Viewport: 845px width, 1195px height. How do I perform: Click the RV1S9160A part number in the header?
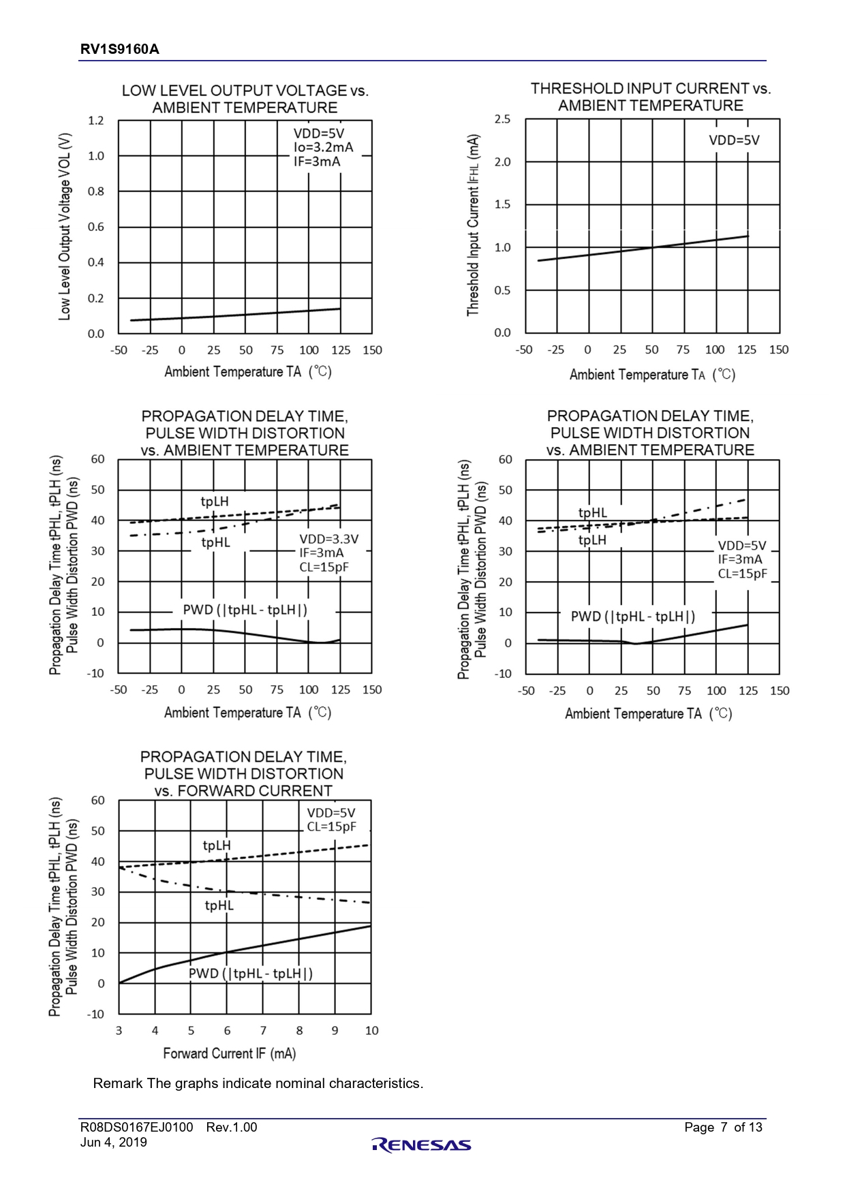click(120, 49)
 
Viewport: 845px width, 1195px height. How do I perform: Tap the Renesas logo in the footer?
click(422, 1145)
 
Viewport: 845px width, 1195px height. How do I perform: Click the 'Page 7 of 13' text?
click(723, 1128)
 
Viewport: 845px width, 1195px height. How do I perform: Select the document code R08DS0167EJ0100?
click(136, 1128)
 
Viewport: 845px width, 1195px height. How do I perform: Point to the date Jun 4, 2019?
click(113, 1143)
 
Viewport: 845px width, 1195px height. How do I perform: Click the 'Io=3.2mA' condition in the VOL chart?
click(323, 147)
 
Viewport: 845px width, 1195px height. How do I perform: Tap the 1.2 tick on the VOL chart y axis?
click(96, 121)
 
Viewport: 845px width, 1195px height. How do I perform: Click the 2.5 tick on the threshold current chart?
click(502, 119)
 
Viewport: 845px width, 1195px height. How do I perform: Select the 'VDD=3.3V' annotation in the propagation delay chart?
click(329, 539)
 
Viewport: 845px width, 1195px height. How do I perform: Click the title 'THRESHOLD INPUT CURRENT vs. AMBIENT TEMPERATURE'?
click(651, 97)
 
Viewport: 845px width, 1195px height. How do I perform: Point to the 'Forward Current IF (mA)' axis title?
click(230, 1053)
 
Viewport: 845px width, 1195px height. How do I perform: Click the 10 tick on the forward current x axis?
click(371, 1031)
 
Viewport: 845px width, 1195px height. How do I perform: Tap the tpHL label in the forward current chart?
click(219, 905)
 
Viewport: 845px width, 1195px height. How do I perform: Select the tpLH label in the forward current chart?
click(217, 845)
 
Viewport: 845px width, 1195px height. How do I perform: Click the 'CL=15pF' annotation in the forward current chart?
click(332, 827)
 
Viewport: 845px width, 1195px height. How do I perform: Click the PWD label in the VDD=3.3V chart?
click(245, 610)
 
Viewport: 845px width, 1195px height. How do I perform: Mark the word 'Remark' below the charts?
click(118, 1083)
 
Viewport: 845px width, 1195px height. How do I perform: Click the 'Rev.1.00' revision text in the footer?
click(232, 1128)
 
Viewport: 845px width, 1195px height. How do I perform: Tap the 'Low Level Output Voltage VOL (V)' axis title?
click(65, 227)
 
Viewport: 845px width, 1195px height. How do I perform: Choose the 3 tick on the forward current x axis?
click(119, 1031)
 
